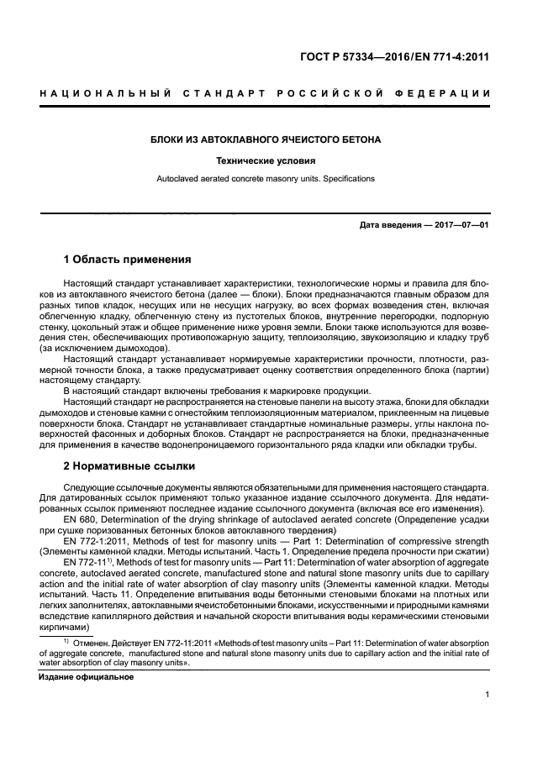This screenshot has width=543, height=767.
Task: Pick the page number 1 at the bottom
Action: click(488, 695)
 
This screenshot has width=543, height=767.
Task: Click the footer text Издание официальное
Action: click(87, 677)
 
